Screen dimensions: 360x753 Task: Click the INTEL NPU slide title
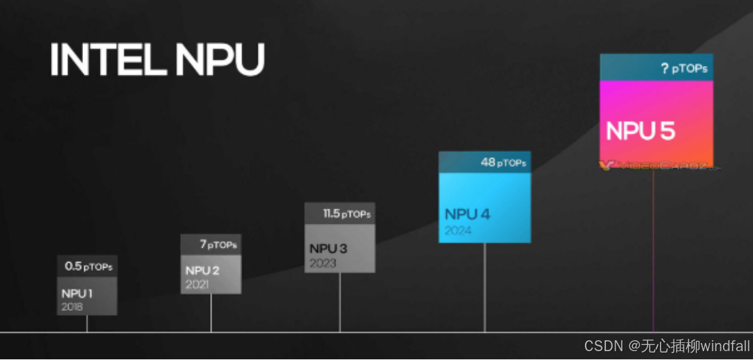click(x=157, y=61)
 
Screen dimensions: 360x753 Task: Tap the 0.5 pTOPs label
click(x=88, y=266)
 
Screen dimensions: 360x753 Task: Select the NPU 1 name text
click(x=77, y=294)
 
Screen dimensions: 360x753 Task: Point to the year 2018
click(x=71, y=306)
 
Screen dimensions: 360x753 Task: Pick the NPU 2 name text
click(x=202, y=271)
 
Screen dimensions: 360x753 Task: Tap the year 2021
click(x=197, y=284)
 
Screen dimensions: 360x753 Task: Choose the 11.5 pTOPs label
click(x=346, y=214)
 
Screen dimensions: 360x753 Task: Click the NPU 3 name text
click(x=328, y=249)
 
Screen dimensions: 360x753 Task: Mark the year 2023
click(x=323, y=263)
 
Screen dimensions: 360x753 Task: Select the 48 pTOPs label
click(x=503, y=163)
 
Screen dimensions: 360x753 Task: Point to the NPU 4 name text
click(x=467, y=214)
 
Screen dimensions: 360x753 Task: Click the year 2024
click(x=458, y=231)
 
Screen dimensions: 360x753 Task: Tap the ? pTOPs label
click(x=683, y=68)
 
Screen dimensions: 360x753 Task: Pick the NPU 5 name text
click(x=640, y=131)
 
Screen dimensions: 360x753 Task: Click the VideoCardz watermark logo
click(x=656, y=165)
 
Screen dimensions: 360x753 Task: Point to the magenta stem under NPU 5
click(x=654, y=252)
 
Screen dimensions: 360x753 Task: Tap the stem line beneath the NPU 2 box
click(x=211, y=313)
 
